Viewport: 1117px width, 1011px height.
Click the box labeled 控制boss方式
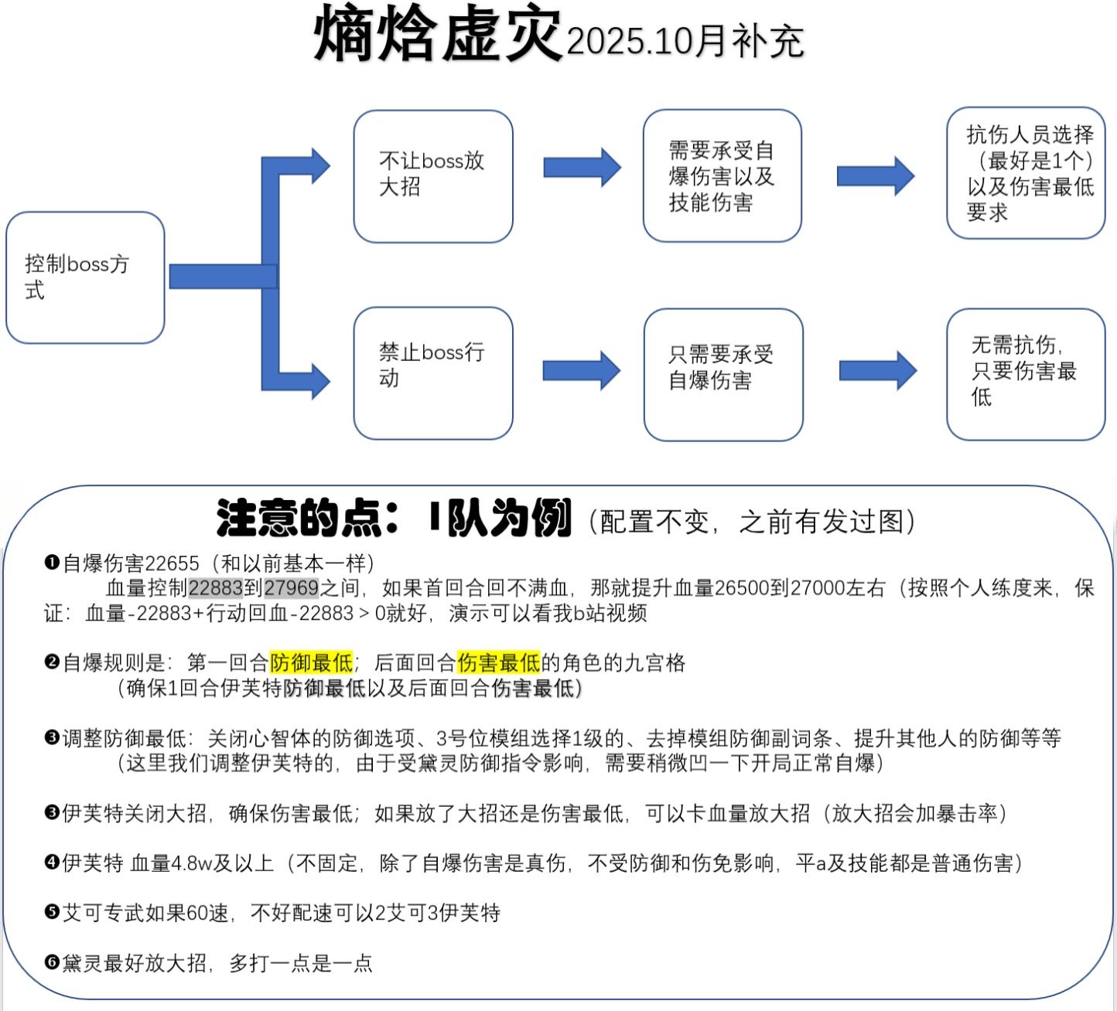[x=85, y=277]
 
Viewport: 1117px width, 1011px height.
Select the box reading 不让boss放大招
[x=433, y=176]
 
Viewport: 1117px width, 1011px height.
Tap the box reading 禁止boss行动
[x=433, y=373]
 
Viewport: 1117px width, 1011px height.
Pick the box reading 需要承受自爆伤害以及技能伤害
[x=722, y=176]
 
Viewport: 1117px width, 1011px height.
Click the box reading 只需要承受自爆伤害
[x=722, y=374]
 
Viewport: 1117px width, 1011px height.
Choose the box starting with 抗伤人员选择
[x=1026, y=173]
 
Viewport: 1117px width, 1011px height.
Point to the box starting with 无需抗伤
[x=1026, y=373]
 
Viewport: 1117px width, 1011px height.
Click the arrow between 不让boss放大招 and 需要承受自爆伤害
[x=582, y=168]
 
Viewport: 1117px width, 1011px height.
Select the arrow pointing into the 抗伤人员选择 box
[x=875, y=175]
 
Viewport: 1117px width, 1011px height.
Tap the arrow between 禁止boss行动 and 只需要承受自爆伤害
[x=582, y=369]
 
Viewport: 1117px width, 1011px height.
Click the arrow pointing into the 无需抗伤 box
[x=877, y=370]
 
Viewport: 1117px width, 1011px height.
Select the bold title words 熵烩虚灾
[x=437, y=35]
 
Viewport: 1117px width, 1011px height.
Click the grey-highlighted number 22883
[x=216, y=588]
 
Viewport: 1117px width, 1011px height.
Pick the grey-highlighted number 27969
[x=291, y=588]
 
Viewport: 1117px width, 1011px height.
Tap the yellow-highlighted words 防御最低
[x=311, y=662]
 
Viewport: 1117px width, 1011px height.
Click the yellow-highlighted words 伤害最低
[x=498, y=662]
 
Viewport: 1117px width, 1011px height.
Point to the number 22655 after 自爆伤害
[x=172, y=563]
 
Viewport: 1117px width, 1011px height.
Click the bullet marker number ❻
[x=52, y=962]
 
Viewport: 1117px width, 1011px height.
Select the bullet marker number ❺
[x=52, y=912]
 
